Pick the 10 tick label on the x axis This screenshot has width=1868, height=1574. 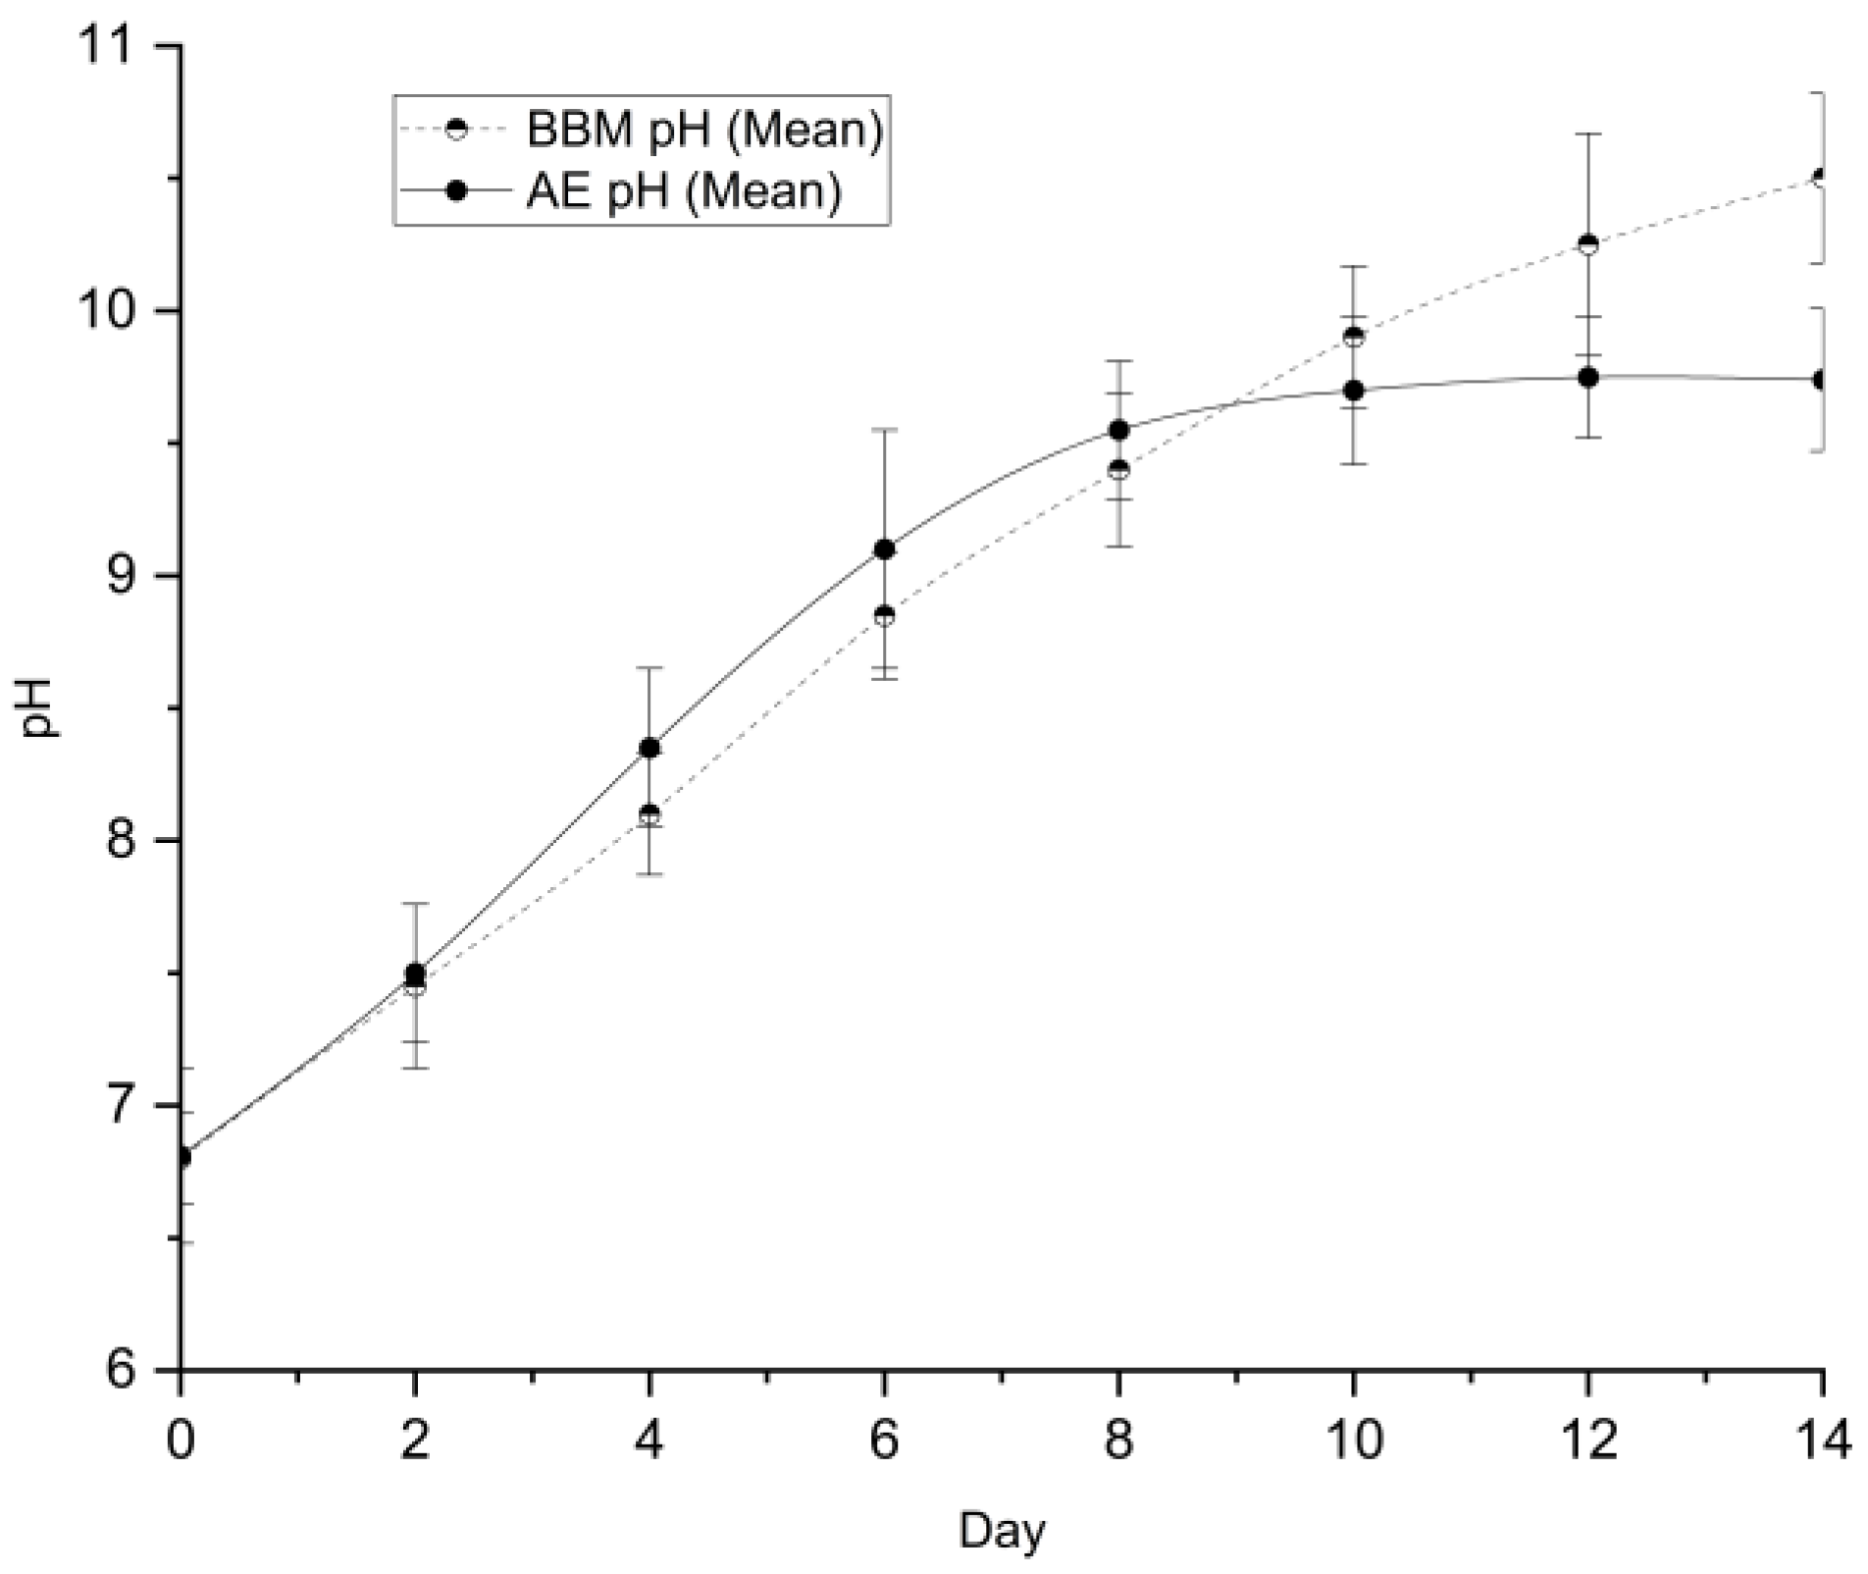(x=1353, y=1441)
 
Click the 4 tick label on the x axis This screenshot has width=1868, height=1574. (x=649, y=1441)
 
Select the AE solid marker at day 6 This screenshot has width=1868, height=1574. (x=884, y=549)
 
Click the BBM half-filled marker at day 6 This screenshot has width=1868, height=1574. (x=884, y=616)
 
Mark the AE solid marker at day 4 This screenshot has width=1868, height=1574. (x=649, y=748)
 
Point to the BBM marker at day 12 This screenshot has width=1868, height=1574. (x=1587, y=244)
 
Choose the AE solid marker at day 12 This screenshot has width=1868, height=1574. (x=1587, y=377)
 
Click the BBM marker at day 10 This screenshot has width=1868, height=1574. (x=1353, y=338)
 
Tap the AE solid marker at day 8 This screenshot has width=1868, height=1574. (x=1118, y=430)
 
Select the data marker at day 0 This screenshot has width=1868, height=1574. (x=182, y=1157)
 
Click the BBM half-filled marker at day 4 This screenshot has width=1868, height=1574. (x=649, y=814)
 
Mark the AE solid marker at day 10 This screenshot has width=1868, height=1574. (x=1353, y=391)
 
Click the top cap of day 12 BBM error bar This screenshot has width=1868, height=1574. (x=1587, y=133)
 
